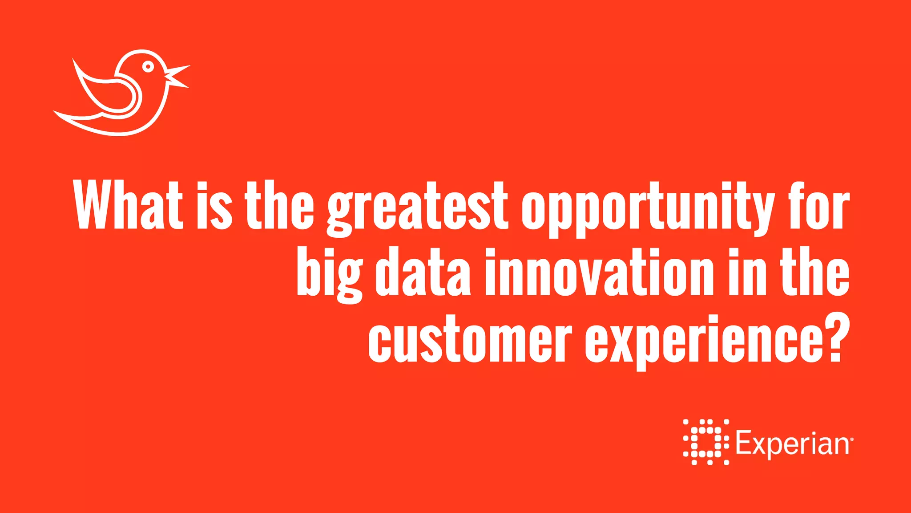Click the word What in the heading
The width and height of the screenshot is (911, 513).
[x=129, y=206]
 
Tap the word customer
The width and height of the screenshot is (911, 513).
[x=470, y=338]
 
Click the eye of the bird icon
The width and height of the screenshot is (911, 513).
[x=148, y=67]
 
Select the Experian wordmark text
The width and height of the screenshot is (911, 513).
[x=792, y=444]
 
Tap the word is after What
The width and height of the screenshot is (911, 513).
[x=213, y=206]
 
